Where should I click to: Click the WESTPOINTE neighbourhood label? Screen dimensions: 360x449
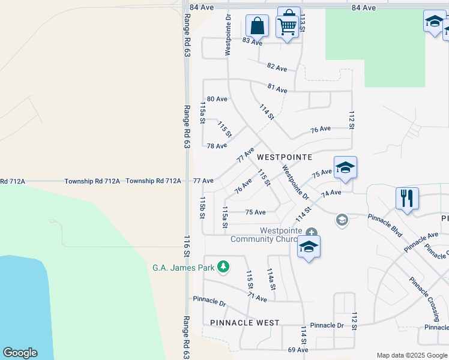coord(285,157)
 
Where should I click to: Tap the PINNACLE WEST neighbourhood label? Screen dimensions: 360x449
coord(245,323)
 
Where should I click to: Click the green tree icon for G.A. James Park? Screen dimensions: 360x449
coord(223,266)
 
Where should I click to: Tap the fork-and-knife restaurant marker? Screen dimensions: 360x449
coord(407,198)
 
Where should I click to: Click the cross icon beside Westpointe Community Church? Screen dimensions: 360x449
coord(311,232)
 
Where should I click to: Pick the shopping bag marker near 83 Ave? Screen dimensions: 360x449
coord(257,26)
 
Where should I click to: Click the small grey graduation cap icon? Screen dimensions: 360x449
coord(342,220)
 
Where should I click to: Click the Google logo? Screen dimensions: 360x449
coord(20,353)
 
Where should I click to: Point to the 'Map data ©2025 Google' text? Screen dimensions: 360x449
coord(412,355)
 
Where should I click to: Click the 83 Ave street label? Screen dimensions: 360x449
coord(253,42)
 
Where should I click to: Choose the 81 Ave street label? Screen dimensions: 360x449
coord(277,88)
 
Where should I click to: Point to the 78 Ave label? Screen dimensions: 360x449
coord(217,146)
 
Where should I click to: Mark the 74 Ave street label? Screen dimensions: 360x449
coord(331,193)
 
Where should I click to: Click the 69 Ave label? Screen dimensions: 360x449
coord(298,350)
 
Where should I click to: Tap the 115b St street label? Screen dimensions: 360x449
coord(203,207)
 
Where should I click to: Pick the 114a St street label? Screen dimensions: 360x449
coord(271,279)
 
